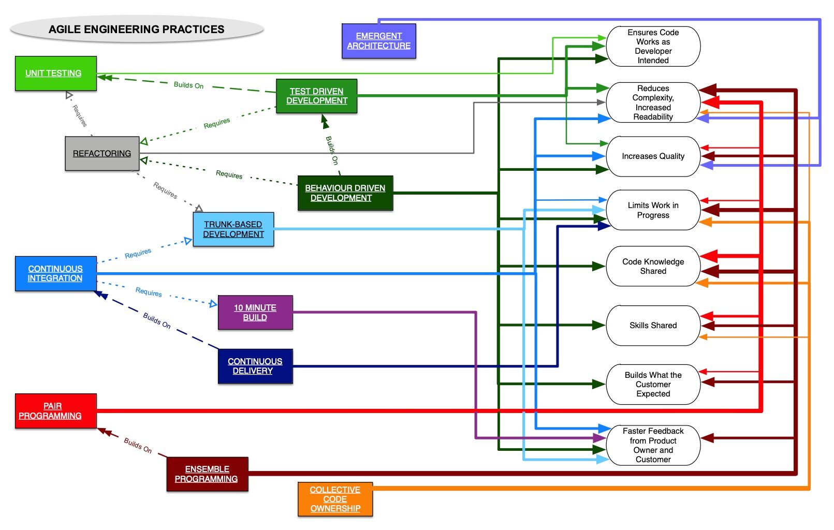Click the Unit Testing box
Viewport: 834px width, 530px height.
pyautogui.click(x=55, y=73)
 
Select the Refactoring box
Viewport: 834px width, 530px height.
pyautogui.click(x=102, y=153)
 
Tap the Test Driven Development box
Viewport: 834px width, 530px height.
pyautogui.click(x=316, y=96)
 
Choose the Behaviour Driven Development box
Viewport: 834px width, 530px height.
pyautogui.click(x=345, y=193)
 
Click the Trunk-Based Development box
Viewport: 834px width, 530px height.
pyautogui.click(x=233, y=229)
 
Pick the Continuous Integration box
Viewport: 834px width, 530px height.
pyautogui.click(x=55, y=273)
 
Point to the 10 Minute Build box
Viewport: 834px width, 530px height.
pyautogui.click(x=255, y=312)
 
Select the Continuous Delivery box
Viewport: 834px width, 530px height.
pyautogui.click(x=255, y=366)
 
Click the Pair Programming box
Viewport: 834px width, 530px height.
pyautogui.click(x=55, y=411)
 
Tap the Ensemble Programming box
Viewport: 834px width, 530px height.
pyautogui.click(x=207, y=474)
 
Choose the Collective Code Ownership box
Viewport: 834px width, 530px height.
pyautogui.click(x=335, y=499)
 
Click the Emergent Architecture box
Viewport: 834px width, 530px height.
pyautogui.click(x=378, y=41)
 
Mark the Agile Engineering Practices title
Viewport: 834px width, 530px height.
pyautogui.click(x=137, y=30)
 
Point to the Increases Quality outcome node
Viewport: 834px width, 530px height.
pyautogui.click(x=653, y=156)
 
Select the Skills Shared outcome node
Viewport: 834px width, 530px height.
pyautogui.click(x=653, y=326)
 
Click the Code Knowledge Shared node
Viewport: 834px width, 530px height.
pyautogui.click(x=653, y=267)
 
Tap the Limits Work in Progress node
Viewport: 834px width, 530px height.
pyautogui.click(x=653, y=210)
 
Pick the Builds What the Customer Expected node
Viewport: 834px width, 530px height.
pyautogui.click(x=653, y=385)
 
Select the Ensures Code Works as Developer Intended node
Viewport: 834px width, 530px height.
pyautogui.click(x=653, y=47)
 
